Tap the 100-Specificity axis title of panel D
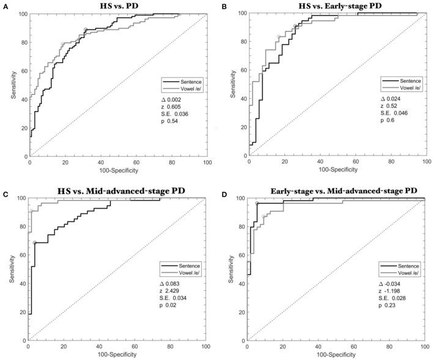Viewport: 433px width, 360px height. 337,354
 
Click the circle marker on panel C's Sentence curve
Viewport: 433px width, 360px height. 35,243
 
